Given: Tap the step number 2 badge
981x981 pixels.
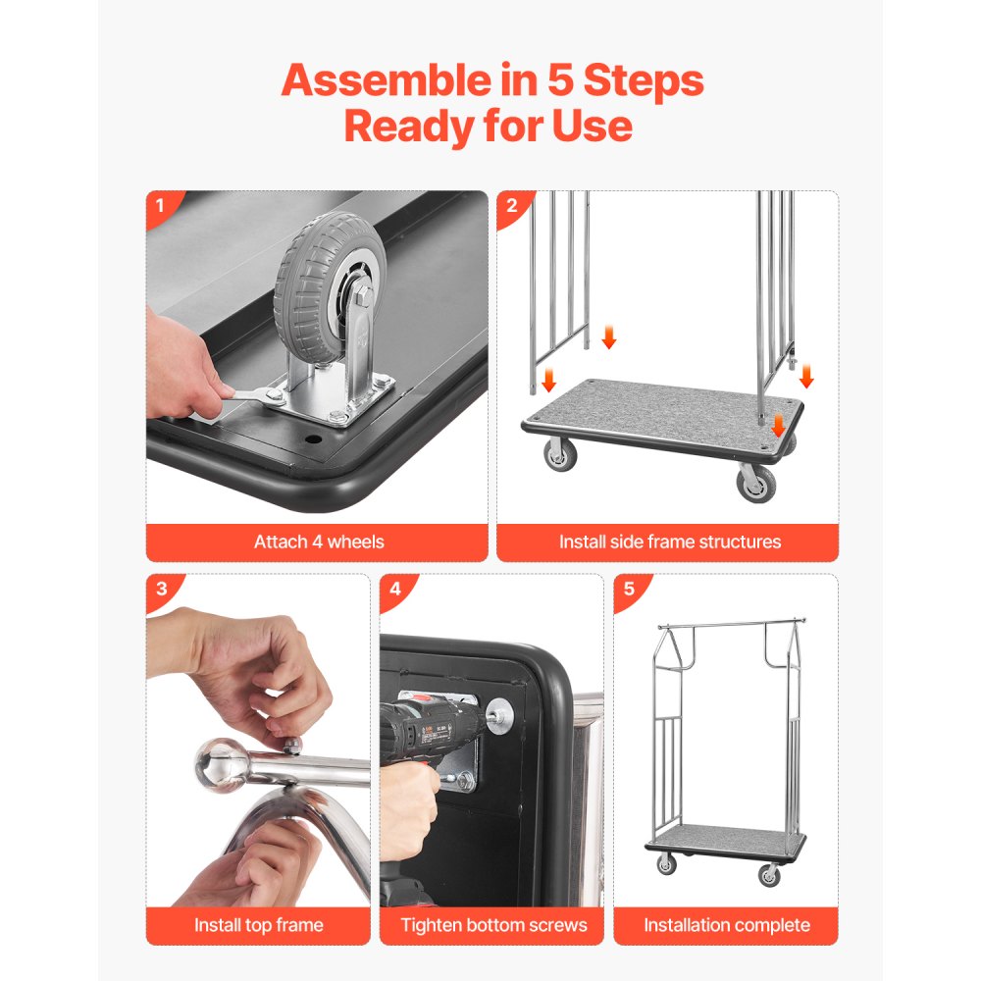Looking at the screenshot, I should [x=511, y=207].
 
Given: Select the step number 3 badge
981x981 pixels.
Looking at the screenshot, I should [x=160, y=590].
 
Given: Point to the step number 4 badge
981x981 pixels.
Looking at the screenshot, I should [x=395, y=590].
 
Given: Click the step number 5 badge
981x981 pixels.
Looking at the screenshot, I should [x=629, y=590].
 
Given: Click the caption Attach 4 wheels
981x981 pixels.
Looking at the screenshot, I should [x=318, y=542].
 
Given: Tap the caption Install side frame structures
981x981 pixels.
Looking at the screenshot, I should [x=669, y=542].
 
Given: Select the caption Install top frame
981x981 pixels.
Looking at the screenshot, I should [x=258, y=924].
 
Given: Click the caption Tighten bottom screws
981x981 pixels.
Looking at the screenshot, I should [x=492, y=924].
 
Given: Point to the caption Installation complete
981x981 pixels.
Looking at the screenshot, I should [x=726, y=924].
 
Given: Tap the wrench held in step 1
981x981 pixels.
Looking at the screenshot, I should [x=250, y=397].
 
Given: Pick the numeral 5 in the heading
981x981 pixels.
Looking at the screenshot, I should [x=560, y=81].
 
